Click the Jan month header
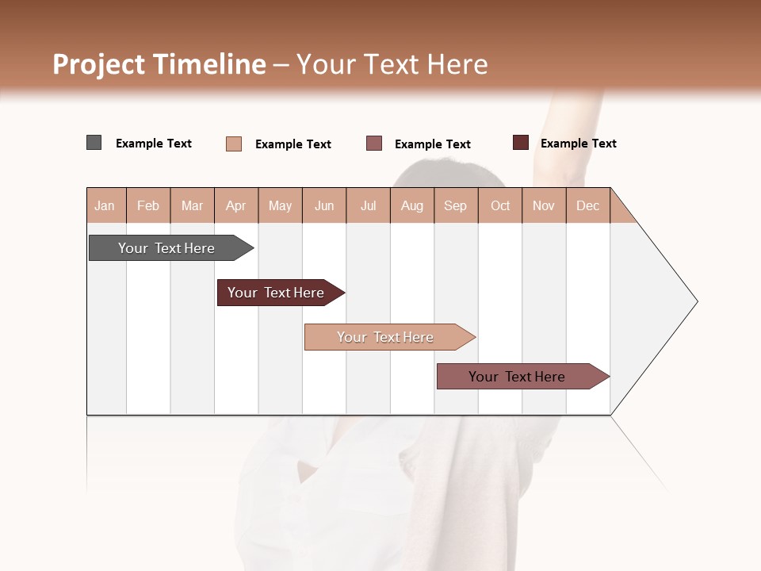point(105,205)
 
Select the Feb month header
point(148,205)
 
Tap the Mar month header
point(192,205)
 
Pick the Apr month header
point(236,205)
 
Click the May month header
point(280,205)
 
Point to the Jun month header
point(324,205)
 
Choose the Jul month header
point(368,205)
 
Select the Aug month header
point(412,205)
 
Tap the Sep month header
point(456,205)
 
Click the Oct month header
point(500,205)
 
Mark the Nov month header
point(544,205)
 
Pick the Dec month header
point(587,205)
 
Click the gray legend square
point(94,143)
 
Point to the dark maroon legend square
point(521,143)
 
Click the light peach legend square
point(234,144)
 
